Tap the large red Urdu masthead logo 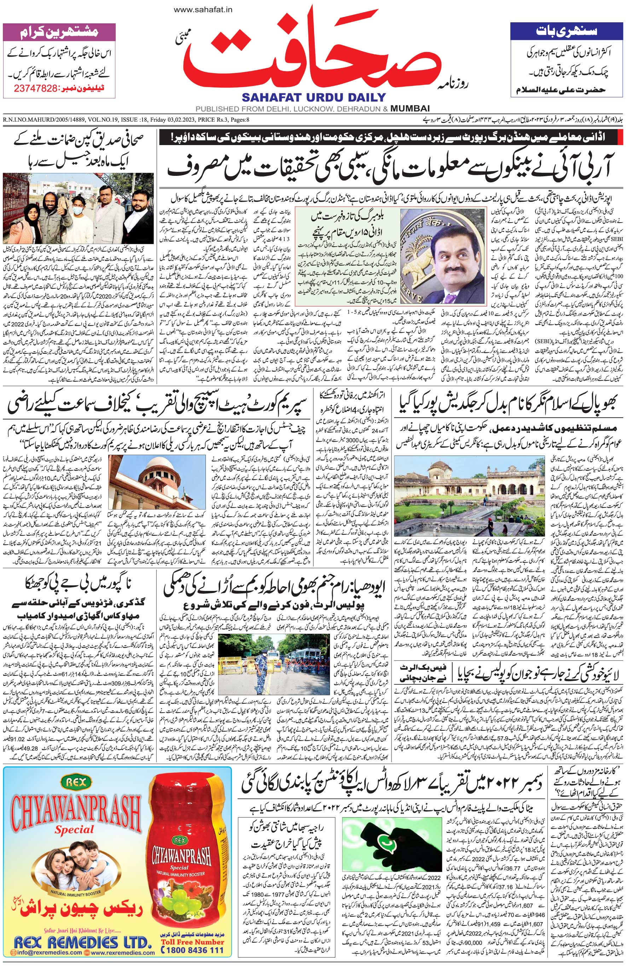coord(312,53)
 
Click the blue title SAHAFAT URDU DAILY coord(313,97)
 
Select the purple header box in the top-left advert coord(58,32)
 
